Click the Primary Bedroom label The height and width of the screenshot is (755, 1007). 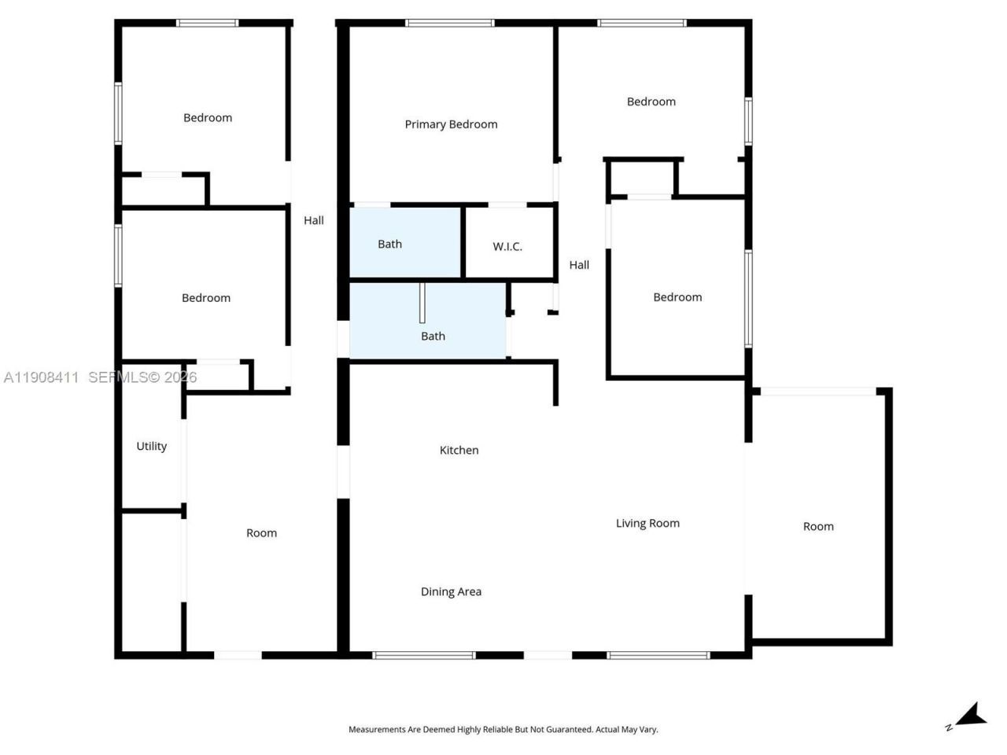pyautogui.click(x=451, y=124)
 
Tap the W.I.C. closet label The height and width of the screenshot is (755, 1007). pyautogui.click(x=507, y=247)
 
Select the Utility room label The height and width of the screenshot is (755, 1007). pyautogui.click(x=152, y=447)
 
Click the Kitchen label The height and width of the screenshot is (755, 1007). pyautogui.click(x=459, y=451)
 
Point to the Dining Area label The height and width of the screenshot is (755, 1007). pyautogui.click(x=451, y=592)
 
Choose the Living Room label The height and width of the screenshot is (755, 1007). pyautogui.click(x=647, y=524)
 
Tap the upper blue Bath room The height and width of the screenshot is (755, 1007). pyautogui.click(x=404, y=243)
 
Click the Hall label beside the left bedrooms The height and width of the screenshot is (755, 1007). pyautogui.click(x=314, y=221)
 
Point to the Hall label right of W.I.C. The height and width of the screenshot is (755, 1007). pyautogui.click(x=579, y=265)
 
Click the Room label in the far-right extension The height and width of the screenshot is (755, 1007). pyautogui.click(x=818, y=527)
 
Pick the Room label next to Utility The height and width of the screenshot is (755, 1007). pyautogui.click(x=261, y=533)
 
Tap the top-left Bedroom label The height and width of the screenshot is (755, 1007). pyautogui.click(x=208, y=118)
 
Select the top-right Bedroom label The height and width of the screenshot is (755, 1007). pyautogui.click(x=651, y=101)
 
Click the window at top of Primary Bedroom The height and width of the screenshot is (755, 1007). pyautogui.click(x=450, y=24)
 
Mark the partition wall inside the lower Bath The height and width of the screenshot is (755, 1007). pyautogui.click(x=422, y=302)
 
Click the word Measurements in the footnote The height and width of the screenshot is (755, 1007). pyautogui.click(x=377, y=730)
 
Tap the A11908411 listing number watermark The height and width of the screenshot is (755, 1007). pyautogui.click(x=41, y=377)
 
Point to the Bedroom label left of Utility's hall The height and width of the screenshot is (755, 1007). pyautogui.click(x=206, y=298)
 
